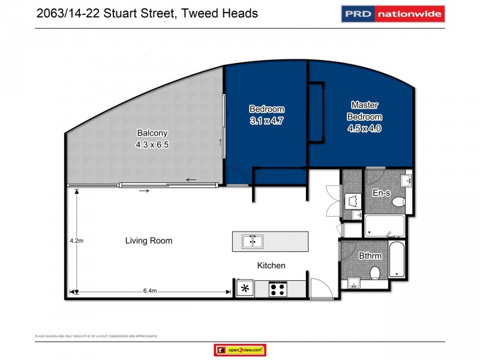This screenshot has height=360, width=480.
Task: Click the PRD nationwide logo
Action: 393,13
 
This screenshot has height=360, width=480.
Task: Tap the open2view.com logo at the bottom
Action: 239,350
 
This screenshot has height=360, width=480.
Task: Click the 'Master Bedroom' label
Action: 365,111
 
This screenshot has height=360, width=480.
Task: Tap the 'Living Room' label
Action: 149,241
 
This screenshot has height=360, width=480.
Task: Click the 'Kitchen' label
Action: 271,265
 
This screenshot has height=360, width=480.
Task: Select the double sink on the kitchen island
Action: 252,241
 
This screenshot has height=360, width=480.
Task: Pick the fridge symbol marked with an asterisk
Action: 244,289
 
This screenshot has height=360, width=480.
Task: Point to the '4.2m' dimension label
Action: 76,241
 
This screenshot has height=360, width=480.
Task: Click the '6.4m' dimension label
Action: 150,291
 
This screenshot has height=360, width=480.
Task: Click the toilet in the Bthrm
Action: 376,274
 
